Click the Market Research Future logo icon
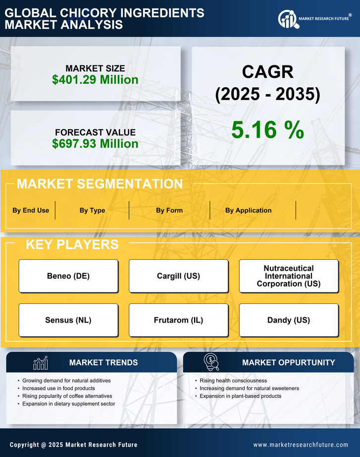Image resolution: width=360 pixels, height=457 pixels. [x=287, y=19]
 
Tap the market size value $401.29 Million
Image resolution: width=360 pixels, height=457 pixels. [x=95, y=80]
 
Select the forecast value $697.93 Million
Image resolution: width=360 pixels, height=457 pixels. [x=95, y=144]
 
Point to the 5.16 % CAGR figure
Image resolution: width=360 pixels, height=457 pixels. [x=267, y=130]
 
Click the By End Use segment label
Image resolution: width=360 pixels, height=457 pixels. [x=31, y=210]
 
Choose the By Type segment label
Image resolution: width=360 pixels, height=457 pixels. [x=92, y=210]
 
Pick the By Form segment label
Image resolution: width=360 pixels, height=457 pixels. [x=169, y=210]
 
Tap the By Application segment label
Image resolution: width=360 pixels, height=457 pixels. [x=248, y=210]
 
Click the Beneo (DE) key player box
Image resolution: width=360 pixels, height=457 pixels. [x=68, y=276]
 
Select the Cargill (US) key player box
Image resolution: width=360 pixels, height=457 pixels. [x=178, y=276]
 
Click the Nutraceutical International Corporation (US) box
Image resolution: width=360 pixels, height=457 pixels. [x=289, y=276]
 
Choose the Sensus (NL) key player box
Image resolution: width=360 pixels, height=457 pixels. [x=68, y=320]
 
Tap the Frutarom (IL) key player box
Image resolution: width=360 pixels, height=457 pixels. [x=178, y=320]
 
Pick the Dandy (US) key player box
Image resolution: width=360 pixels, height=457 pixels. [x=289, y=320]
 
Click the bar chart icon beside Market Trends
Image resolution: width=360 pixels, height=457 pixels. [x=40, y=363]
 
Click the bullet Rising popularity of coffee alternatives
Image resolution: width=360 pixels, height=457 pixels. [x=67, y=396]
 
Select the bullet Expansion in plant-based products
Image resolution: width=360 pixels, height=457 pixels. [x=241, y=396]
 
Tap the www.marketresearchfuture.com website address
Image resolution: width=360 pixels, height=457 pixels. [x=301, y=445]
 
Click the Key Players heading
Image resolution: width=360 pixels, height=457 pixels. [x=72, y=244]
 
